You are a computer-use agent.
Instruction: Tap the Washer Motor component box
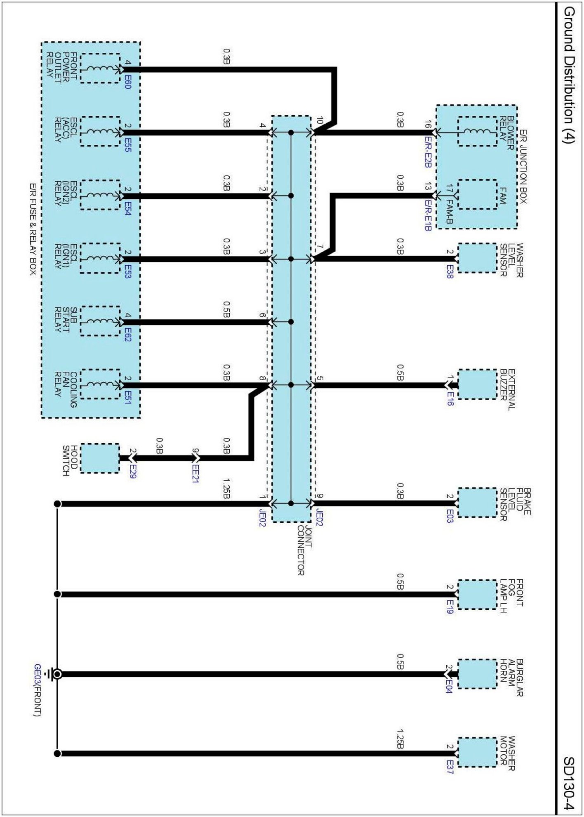tap(477, 753)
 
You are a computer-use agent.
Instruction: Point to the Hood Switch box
tap(100, 458)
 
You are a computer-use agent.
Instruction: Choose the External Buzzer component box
tap(477, 385)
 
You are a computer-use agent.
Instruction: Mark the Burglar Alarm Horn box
tap(477, 674)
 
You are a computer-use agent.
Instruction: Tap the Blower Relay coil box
tap(477, 132)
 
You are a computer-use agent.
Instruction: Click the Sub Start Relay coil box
tap(100, 321)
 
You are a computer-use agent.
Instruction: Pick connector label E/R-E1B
tap(428, 215)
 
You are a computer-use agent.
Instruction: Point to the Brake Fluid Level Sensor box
tap(477, 503)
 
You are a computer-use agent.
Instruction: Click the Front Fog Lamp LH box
tap(477, 595)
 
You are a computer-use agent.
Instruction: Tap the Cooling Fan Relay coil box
tap(100, 384)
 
